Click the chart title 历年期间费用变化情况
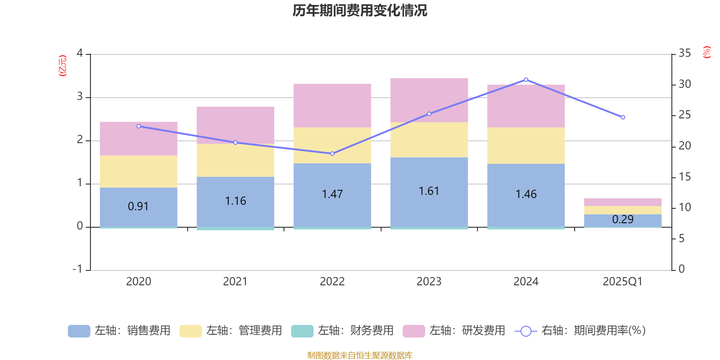(360, 10)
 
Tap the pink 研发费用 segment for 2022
(332, 105)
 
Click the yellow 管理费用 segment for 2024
(526, 145)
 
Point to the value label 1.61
(429, 191)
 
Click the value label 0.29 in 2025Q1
(623, 220)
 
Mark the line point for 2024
(526, 80)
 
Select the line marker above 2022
(332, 153)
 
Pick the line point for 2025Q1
(623, 117)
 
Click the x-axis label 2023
(429, 282)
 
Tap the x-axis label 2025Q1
(622, 282)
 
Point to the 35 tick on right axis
(684, 54)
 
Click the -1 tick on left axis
(77, 269)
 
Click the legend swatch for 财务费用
(302, 331)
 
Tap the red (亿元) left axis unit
(63, 66)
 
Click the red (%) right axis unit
(707, 52)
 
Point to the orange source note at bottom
(360, 355)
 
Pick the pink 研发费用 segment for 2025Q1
(623, 202)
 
